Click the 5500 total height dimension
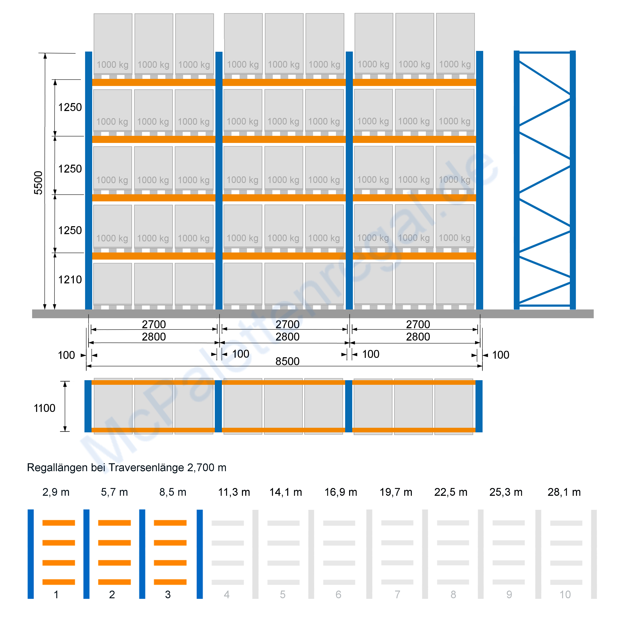pos(38,183)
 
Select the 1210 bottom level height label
pos(70,280)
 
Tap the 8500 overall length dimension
pos(287,361)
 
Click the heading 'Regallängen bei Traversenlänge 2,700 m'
pos(127,468)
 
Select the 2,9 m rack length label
pos(56,492)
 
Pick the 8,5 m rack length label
pos(173,492)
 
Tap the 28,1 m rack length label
pos(564,492)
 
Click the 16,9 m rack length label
pos(341,492)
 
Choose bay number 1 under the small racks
pos(56,594)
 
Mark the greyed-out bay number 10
pos(565,594)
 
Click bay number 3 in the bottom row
pos(168,594)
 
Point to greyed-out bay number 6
pos(338,594)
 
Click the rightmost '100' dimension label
pos(501,355)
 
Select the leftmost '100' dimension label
pos(66,355)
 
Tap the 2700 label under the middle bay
pos(287,324)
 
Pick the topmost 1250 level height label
pos(70,107)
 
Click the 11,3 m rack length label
pos(234,492)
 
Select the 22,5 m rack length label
pos(451,492)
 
